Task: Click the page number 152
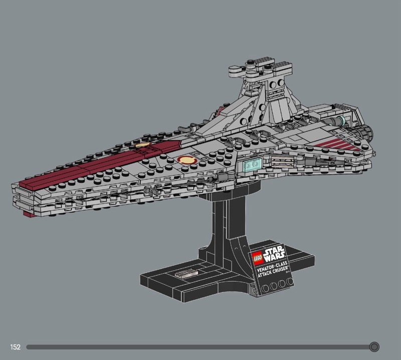[15, 347]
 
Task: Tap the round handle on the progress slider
[374, 346]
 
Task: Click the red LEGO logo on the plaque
[257, 257]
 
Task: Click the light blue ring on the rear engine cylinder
[341, 120]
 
